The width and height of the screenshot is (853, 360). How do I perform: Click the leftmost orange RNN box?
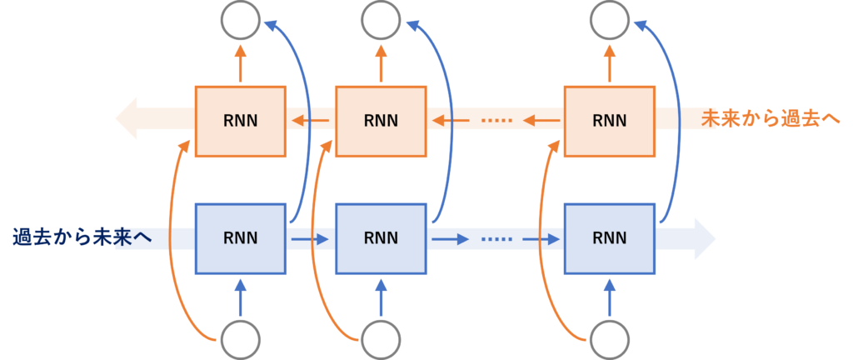pos(241,121)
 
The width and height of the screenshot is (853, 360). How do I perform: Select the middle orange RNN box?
pos(381,121)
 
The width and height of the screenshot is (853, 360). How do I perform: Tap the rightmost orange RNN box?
pos(609,121)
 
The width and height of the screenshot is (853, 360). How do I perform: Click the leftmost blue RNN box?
pos(241,238)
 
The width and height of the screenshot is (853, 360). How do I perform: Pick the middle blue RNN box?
pos(381,238)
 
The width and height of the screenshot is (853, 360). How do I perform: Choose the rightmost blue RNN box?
pos(609,238)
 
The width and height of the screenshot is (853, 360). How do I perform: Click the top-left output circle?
pos(241,18)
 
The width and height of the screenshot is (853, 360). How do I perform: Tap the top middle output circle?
pos(381,18)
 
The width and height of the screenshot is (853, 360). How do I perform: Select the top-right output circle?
pos(609,18)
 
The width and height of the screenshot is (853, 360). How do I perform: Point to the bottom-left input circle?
pos(241,341)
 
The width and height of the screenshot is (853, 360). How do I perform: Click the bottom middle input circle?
pos(381,341)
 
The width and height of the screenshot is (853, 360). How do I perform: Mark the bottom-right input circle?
pos(609,341)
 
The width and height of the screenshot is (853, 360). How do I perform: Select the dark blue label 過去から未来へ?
pos(82,237)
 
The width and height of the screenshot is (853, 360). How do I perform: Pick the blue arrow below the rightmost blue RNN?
pos(609,296)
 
